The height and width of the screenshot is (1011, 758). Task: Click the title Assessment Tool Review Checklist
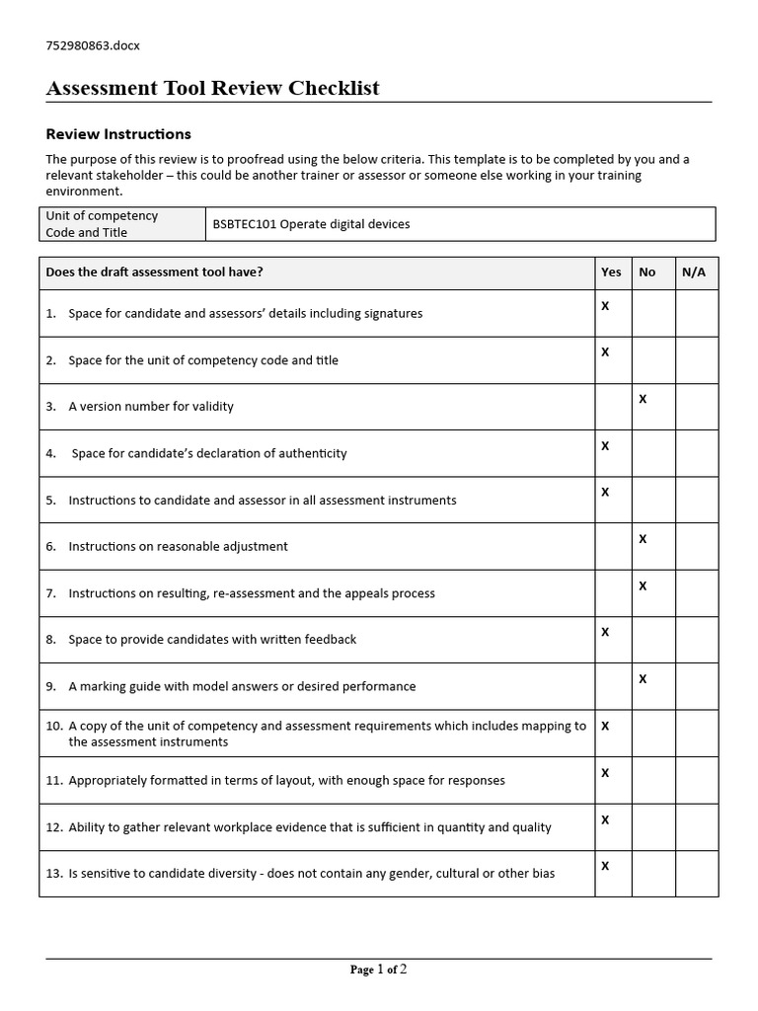(212, 89)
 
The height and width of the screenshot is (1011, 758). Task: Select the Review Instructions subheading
(118, 134)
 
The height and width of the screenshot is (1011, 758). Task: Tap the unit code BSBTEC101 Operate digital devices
(311, 224)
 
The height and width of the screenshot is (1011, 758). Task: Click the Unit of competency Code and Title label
(102, 224)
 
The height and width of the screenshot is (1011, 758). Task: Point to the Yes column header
(611, 272)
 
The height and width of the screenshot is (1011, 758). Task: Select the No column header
(647, 272)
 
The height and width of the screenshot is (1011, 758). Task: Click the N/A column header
(694, 272)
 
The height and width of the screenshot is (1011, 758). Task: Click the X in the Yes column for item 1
(605, 306)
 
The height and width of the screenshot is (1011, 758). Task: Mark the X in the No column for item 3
(643, 399)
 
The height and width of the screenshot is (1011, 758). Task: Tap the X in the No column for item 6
(643, 539)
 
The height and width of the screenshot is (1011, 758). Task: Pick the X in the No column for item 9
(643, 679)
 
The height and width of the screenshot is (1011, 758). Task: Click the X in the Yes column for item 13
(605, 866)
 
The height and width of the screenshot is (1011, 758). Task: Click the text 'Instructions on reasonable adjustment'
(178, 547)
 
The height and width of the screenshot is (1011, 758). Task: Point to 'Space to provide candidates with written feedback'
(212, 640)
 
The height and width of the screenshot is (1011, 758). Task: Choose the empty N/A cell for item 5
(696, 500)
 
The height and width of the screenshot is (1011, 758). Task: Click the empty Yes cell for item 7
(613, 592)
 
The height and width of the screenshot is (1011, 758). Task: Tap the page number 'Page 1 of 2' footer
(378, 970)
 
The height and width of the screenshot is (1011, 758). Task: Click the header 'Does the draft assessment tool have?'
(154, 272)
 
